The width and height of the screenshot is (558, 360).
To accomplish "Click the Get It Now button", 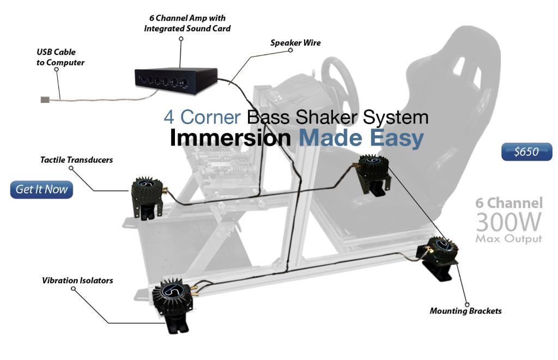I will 41,190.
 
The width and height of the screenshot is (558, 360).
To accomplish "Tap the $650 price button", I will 526,152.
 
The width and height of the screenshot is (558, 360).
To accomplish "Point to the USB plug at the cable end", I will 45,99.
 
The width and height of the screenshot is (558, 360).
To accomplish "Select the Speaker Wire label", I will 295,42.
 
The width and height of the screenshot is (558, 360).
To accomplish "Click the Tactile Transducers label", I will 77,160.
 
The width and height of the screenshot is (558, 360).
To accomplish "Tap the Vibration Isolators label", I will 77,280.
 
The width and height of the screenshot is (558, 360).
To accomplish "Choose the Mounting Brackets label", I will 465,311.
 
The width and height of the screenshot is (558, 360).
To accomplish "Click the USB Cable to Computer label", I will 60,57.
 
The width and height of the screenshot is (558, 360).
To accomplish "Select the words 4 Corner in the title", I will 202,117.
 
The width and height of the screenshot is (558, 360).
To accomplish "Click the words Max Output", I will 508,239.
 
